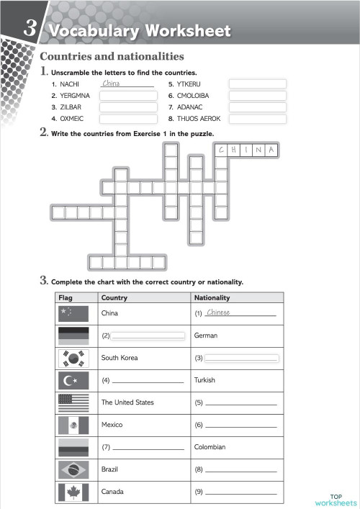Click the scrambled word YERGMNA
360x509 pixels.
coord(75,95)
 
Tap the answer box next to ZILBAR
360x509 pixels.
coord(128,107)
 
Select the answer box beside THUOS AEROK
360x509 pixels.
coord(257,119)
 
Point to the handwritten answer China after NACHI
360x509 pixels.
coord(112,84)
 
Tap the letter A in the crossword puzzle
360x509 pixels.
coord(271,150)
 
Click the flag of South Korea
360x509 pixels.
coord(73,358)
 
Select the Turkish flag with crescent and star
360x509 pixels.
coord(73,380)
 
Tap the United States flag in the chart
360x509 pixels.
coord(73,402)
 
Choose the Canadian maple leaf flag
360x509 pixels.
coord(73,492)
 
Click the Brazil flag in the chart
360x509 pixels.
coord(73,469)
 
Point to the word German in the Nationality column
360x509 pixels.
coord(206,335)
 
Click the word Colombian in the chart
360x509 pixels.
coord(210,447)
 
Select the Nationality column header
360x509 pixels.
coord(212,297)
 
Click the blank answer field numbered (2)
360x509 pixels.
coord(148,335)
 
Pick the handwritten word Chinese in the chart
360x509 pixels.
coord(217,312)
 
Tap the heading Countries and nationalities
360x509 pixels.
coord(112,56)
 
